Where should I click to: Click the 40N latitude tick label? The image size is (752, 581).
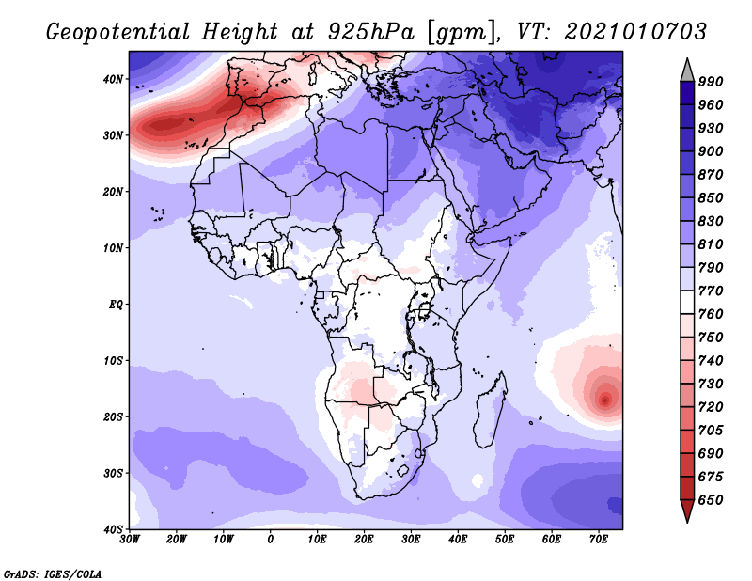113,79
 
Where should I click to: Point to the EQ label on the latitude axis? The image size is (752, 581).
116,305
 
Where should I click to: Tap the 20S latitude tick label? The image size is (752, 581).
113,416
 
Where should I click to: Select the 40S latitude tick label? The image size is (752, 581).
113,529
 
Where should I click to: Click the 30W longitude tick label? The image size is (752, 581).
130,540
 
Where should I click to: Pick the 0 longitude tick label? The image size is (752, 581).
271,540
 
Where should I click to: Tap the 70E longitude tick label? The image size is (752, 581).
599,540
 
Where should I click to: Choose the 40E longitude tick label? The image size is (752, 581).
458,540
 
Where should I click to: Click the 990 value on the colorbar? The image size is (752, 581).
711,82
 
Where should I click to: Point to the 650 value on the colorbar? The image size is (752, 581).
711,500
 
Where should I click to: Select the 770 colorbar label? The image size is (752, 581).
711,290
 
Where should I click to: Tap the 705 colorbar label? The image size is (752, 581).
711,431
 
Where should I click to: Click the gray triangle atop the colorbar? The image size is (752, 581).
687,72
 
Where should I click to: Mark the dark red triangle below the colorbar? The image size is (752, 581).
687,510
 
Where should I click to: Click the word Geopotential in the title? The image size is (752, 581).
118,32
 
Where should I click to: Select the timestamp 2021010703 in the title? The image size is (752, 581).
635,32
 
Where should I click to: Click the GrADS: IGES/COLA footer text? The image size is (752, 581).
53,573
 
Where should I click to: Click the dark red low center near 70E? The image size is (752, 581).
605,400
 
